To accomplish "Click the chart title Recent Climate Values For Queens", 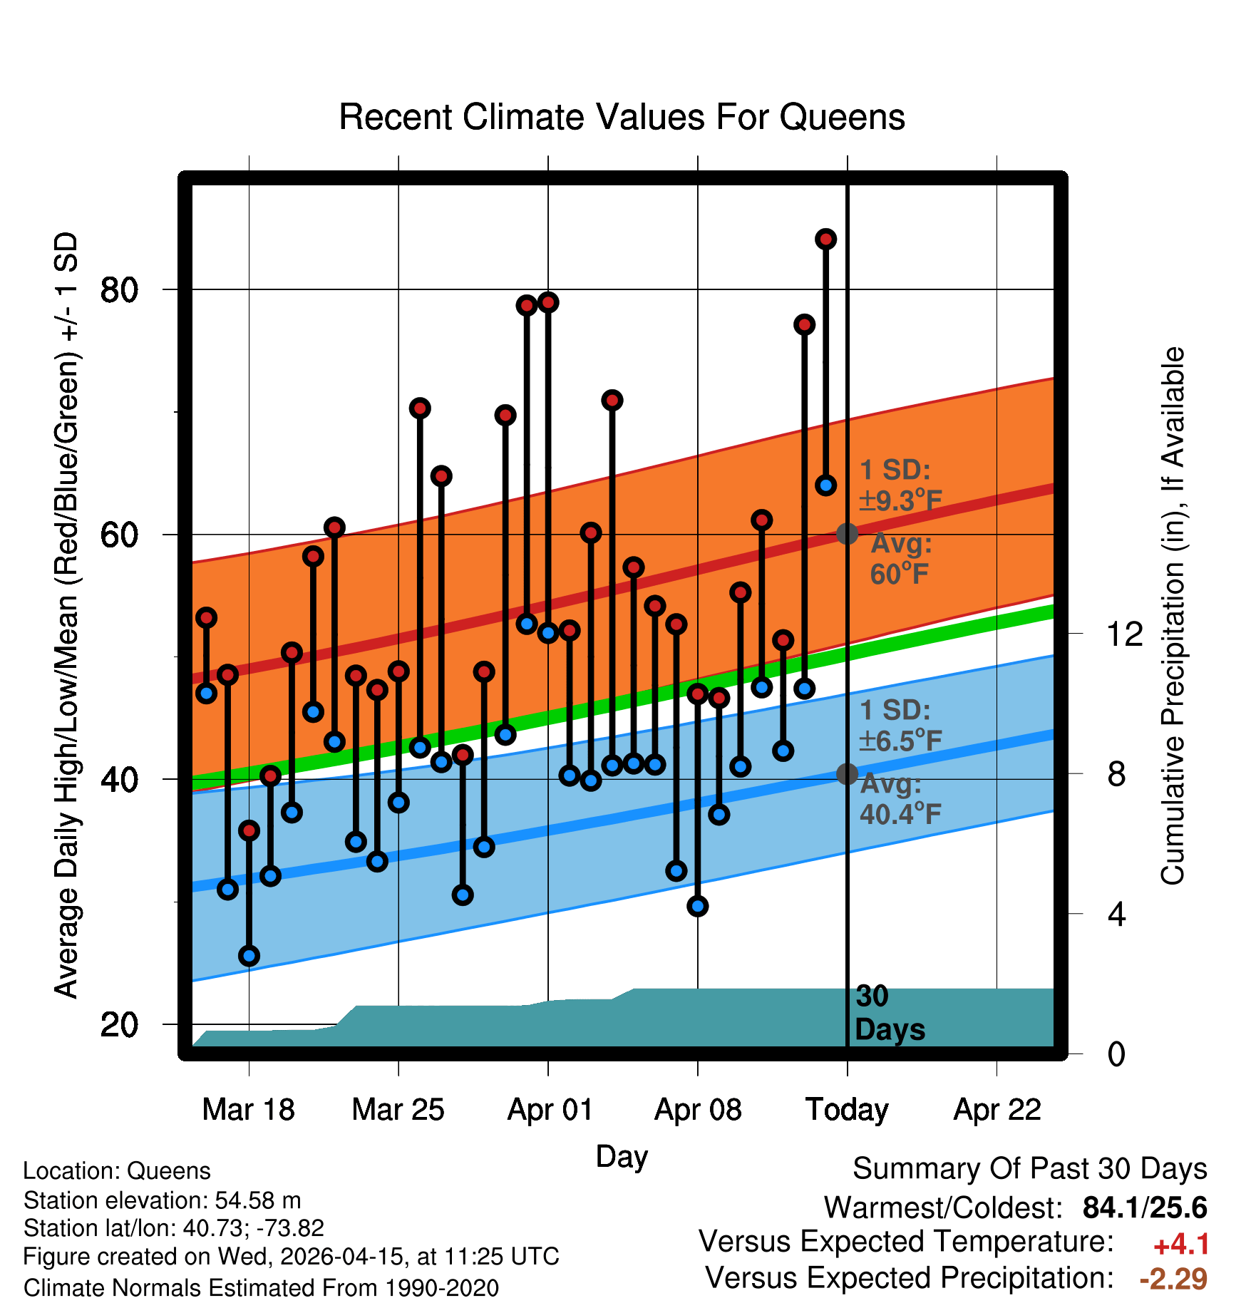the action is (622, 117).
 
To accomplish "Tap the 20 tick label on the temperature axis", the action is (119, 1025).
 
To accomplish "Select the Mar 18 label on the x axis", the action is (248, 1110).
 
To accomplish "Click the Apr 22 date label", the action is (997, 1110).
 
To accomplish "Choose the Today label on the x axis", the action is (847, 1110).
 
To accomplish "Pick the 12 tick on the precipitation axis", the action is (1124, 634).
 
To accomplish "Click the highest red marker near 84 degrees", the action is (825, 240).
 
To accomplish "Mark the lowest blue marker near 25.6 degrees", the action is (249, 956).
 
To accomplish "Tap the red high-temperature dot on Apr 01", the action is (548, 302).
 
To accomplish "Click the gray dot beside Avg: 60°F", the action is (847, 533).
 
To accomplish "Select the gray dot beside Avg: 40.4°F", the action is (847, 773).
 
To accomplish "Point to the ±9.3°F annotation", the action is (901, 500).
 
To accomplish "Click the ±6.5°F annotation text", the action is (901, 741).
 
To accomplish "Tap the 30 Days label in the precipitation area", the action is (890, 1013).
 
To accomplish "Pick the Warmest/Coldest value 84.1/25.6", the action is (1145, 1207).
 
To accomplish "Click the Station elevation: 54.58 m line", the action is (162, 1200).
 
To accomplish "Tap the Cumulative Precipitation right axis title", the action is (1173, 616).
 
